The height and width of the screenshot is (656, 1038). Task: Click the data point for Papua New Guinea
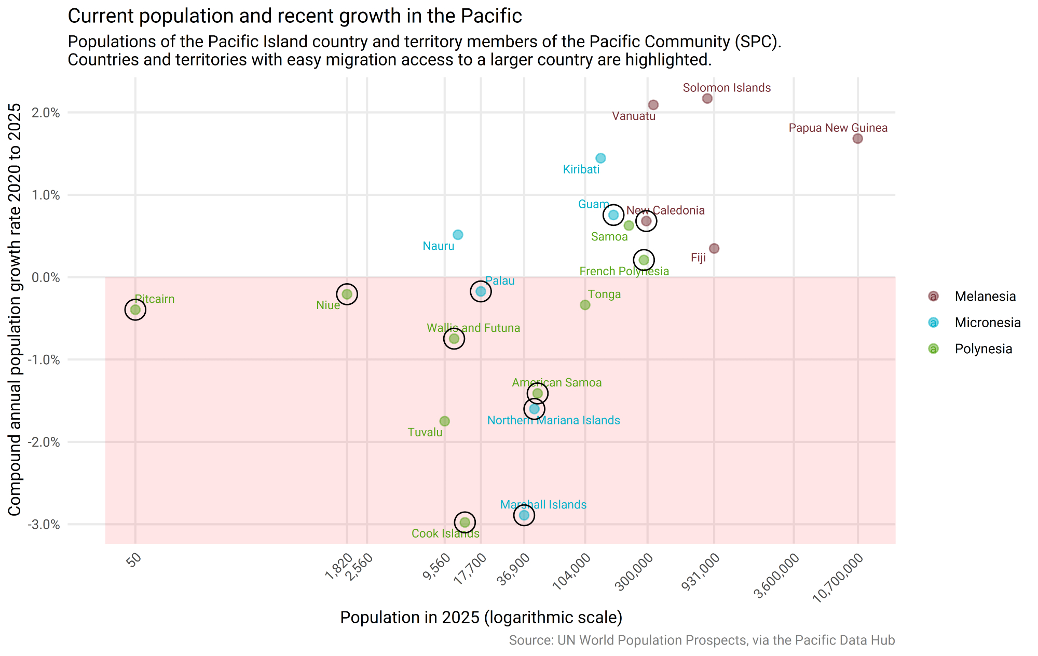[x=857, y=139]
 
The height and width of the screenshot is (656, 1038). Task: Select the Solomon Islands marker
[x=707, y=99]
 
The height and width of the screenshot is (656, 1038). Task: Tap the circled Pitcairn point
[x=135, y=310]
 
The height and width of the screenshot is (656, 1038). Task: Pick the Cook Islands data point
[x=465, y=522]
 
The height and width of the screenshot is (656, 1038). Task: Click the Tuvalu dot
[x=444, y=421]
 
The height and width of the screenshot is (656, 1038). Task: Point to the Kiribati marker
[x=600, y=158]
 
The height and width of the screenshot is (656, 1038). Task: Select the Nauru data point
[x=458, y=235]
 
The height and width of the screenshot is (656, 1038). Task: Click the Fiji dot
[x=714, y=248]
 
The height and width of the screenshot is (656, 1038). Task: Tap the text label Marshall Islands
[x=543, y=504]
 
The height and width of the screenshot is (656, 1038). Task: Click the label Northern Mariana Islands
[x=553, y=420]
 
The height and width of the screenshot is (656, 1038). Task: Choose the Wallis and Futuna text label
[x=473, y=328]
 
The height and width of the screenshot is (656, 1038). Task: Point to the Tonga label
[x=604, y=294]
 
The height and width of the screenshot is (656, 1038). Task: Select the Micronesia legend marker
[x=933, y=323]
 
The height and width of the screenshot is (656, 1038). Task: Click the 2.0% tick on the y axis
[x=46, y=113]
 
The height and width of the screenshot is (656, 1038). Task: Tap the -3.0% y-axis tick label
[x=44, y=525]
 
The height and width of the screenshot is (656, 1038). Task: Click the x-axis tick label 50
[x=134, y=560]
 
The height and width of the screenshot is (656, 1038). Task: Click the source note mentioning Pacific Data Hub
[x=702, y=640]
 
